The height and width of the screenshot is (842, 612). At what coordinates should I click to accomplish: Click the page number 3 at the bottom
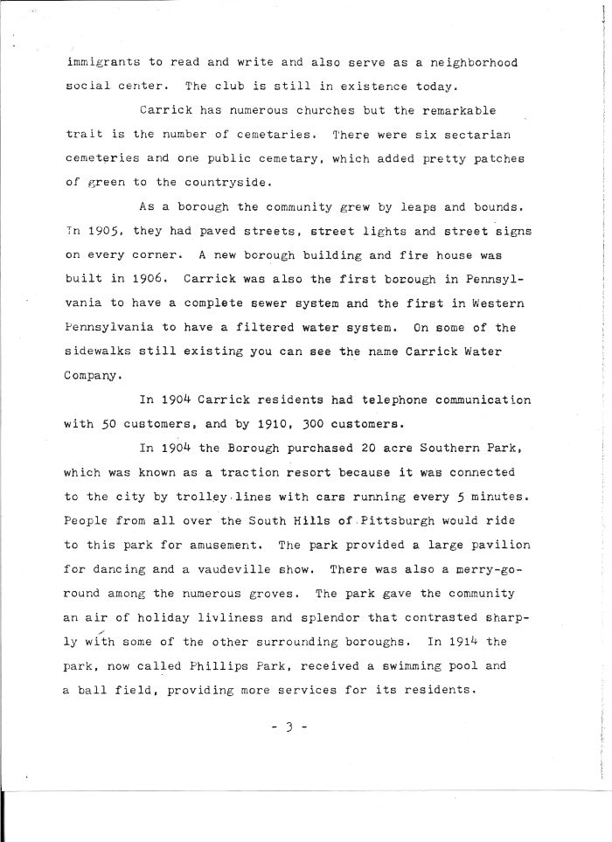pos(309,724)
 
